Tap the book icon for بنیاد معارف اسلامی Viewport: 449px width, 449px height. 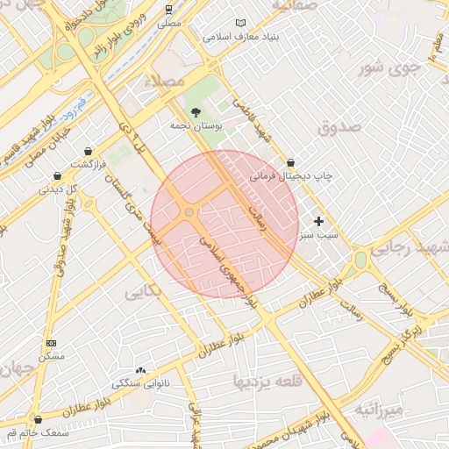[x=243, y=24]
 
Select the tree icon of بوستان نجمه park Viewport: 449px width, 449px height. [x=196, y=111]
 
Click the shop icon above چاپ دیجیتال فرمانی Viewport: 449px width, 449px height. [x=290, y=162]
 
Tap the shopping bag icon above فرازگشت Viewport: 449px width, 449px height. [x=87, y=151]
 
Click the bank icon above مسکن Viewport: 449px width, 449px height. [x=51, y=342]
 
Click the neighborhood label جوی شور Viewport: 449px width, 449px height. [x=384, y=67]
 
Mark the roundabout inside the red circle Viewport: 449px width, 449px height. [x=189, y=212]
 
